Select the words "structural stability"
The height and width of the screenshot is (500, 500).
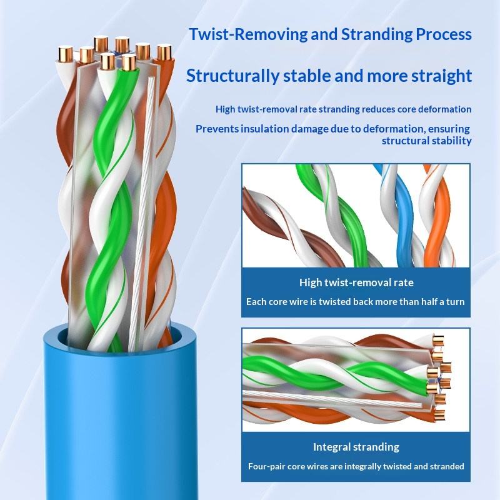click(x=427, y=141)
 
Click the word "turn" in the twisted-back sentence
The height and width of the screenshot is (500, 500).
click(x=456, y=302)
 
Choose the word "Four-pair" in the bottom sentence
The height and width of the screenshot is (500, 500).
click(x=264, y=466)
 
